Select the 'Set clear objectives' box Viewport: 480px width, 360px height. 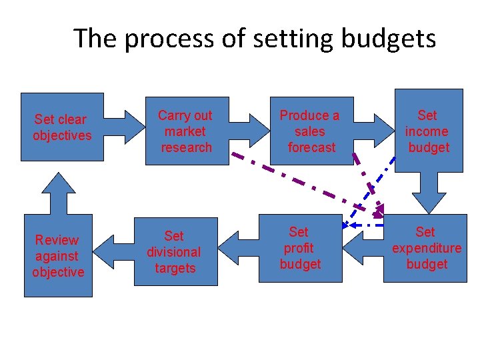click(63, 127)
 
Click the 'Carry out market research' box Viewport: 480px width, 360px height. click(185, 131)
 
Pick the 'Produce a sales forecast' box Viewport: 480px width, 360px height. click(309, 131)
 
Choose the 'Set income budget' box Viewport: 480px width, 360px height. click(429, 131)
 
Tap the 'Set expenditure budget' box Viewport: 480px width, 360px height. click(427, 248)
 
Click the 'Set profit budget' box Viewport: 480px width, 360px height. click(300, 248)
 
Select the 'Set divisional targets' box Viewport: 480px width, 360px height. click(175, 252)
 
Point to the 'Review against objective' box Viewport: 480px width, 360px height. click(59, 255)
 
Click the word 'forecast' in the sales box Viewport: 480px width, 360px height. click(311, 147)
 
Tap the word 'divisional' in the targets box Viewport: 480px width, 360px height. click(174, 252)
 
